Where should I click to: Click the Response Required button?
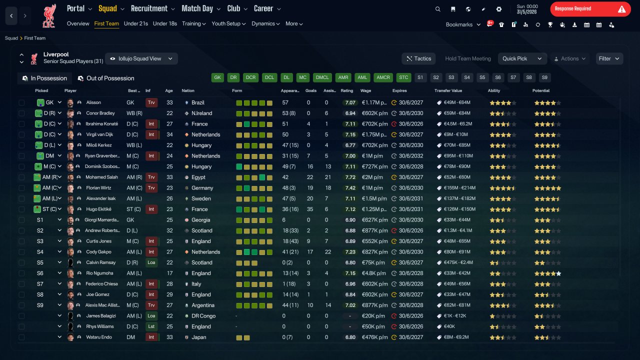(x=590, y=9)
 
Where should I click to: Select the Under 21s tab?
(x=135, y=23)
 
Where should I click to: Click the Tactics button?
(x=418, y=58)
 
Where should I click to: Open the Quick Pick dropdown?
(x=522, y=58)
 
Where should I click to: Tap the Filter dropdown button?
(x=609, y=58)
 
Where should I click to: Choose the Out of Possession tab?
(x=106, y=78)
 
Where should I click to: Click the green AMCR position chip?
(x=383, y=77)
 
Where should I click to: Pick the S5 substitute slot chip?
(x=482, y=77)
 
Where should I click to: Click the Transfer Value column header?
(x=448, y=90)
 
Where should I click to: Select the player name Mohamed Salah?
(x=101, y=177)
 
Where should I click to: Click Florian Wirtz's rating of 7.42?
(x=350, y=188)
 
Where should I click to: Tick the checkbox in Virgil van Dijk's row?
(x=21, y=134)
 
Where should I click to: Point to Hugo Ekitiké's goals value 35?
(x=310, y=209)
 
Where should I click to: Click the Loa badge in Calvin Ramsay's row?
(x=151, y=262)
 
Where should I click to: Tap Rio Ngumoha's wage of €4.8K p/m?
(x=373, y=273)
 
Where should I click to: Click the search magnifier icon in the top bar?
(x=437, y=9)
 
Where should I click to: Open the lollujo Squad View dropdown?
(x=141, y=58)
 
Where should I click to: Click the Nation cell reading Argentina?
(x=203, y=305)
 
